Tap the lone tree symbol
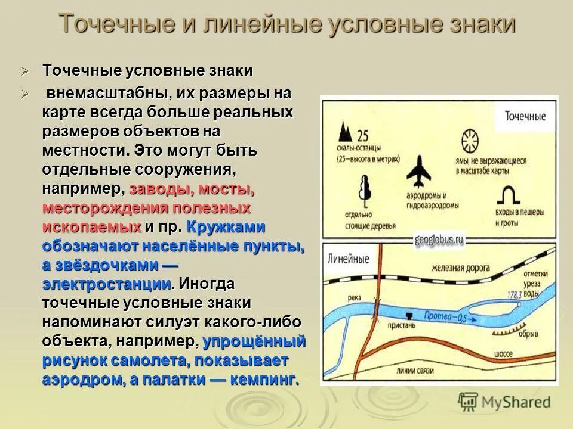pos(363,191)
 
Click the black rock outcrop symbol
pos(345,133)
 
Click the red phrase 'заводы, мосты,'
pos(192,190)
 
